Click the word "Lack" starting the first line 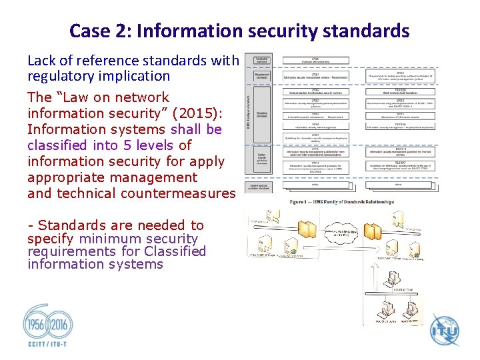pyautogui.click(x=43, y=61)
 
